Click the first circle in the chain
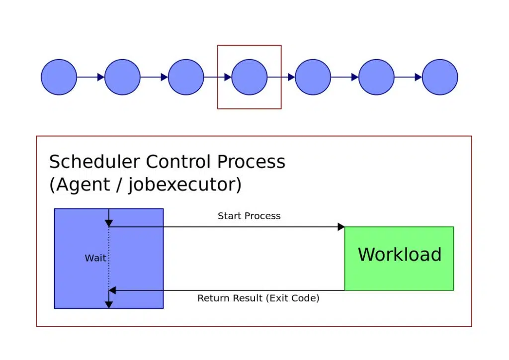(59, 77)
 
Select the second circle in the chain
(123, 77)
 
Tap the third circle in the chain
(186, 77)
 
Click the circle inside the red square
(250, 77)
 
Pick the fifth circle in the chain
(313, 77)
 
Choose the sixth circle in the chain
(376, 77)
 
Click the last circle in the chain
(440, 77)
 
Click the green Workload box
(399, 258)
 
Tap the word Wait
(95, 258)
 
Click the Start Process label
(249, 216)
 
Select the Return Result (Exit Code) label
(258, 298)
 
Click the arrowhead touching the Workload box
(341, 227)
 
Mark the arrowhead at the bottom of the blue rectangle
(109, 304)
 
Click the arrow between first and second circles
(91, 77)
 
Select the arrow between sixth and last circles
(408, 77)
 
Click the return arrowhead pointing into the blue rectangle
(112, 290)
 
